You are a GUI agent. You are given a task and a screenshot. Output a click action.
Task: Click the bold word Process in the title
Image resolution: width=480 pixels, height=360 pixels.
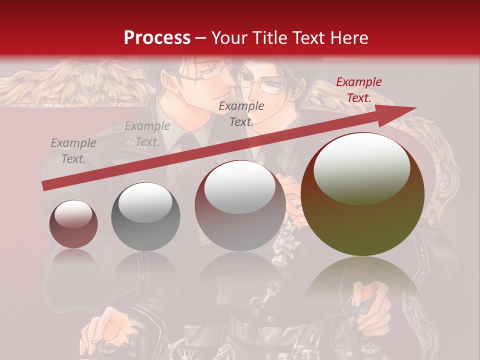tap(157, 37)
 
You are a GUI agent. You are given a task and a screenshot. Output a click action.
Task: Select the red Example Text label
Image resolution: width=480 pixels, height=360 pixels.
tap(358, 90)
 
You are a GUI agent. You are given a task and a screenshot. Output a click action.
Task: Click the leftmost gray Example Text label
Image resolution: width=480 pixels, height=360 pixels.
tap(73, 150)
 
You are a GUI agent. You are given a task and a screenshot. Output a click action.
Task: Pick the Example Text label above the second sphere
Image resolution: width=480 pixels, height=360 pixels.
tap(147, 134)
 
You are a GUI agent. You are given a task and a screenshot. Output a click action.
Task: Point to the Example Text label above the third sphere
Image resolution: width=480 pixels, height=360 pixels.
tap(241, 113)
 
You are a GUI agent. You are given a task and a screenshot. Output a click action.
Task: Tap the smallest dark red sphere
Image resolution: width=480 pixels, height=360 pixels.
tap(73, 224)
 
